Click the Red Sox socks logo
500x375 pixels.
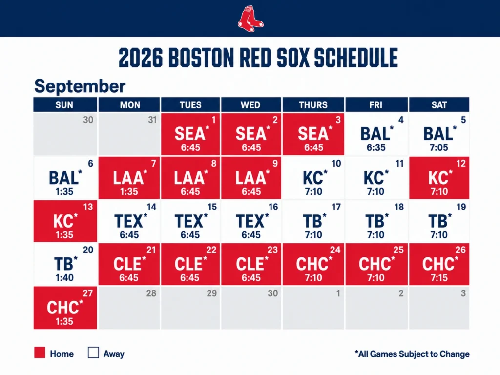pyautogui.click(x=250, y=19)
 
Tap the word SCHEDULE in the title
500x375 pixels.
pyautogui.click(x=356, y=58)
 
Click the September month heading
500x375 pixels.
pyautogui.click(x=80, y=86)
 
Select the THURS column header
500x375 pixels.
pyautogui.click(x=313, y=105)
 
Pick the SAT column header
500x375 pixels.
pyautogui.click(x=439, y=105)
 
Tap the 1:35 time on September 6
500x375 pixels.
pyautogui.click(x=64, y=191)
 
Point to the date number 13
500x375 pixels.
pyautogui.click(x=88, y=207)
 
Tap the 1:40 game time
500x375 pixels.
pyautogui.click(x=64, y=278)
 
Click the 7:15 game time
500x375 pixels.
pyautogui.click(x=439, y=278)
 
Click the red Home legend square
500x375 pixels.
pyautogui.click(x=40, y=353)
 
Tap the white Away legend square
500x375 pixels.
pyautogui.click(x=93, y=353)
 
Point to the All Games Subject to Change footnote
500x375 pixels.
pyautogui.click(x=412, y=354)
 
